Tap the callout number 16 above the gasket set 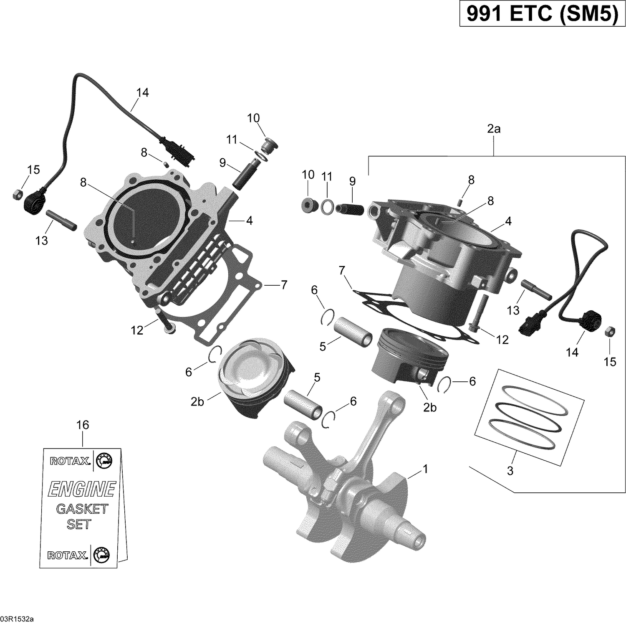coord(83,425)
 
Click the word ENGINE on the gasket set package coord(82,489)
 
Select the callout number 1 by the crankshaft coord(425,469)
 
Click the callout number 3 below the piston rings coord(510,471)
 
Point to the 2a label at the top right coord(494,129)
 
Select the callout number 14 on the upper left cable coord(142,92)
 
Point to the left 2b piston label coord(197,402)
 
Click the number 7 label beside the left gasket coord(284,285)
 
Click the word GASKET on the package coord(82,509)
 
